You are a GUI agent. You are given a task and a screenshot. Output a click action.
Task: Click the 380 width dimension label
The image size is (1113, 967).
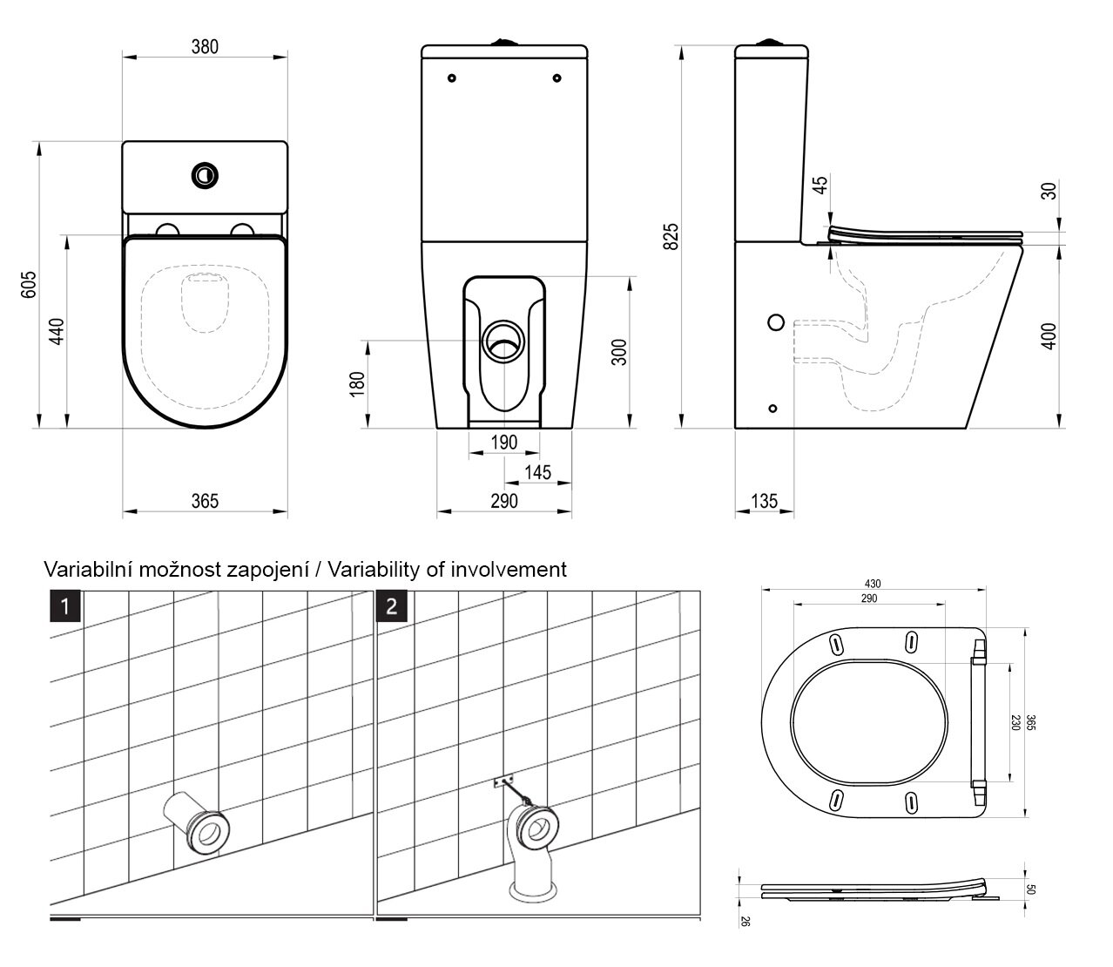point(205,46)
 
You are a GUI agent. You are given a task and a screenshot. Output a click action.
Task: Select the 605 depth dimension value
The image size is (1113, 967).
point(29,284)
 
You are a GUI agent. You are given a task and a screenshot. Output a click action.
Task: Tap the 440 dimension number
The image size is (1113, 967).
point(57,332)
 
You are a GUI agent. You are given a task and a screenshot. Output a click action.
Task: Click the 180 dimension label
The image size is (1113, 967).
point(357,383)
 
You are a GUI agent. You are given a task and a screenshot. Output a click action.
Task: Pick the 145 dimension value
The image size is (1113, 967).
point(538,471)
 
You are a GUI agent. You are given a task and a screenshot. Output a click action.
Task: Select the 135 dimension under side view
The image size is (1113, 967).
point(764,501)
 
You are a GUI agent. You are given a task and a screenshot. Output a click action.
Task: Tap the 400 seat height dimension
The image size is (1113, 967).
point(1049,336)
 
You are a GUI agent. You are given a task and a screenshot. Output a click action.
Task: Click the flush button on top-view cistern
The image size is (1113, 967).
point(205,174)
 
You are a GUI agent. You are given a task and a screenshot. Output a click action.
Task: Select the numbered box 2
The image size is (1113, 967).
point(391,605)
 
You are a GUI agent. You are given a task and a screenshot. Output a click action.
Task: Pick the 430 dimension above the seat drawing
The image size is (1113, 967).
point(873,584)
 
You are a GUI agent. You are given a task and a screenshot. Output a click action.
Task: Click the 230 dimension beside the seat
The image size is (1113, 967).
point(1015,722)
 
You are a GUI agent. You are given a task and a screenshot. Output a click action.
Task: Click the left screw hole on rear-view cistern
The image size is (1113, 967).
point(451,79)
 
